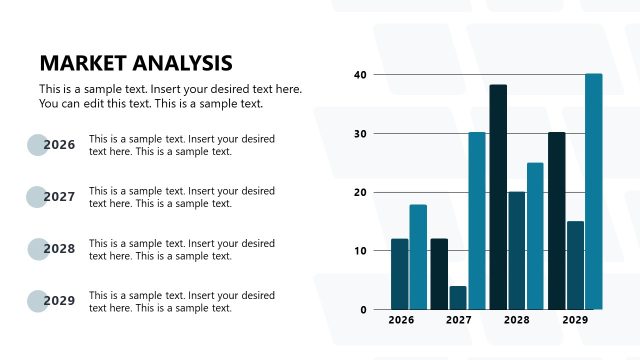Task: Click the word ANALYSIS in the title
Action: tap(183, 63)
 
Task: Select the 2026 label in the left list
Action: tap(60, 145)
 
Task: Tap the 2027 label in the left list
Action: tap(60, 197)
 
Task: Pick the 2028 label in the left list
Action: tap(60, 249)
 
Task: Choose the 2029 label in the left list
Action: tap(60, 301)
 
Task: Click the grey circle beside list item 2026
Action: tap(37, 145)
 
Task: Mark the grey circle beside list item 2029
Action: tap(37, 301)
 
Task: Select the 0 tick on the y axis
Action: tap(364, 310)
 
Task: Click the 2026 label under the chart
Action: tap(401, 321)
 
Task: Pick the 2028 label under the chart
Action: tap(517, 321)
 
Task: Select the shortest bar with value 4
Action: tap(458, 298)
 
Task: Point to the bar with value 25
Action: tap(535, 236)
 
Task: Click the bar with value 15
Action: tap(575, 265)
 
